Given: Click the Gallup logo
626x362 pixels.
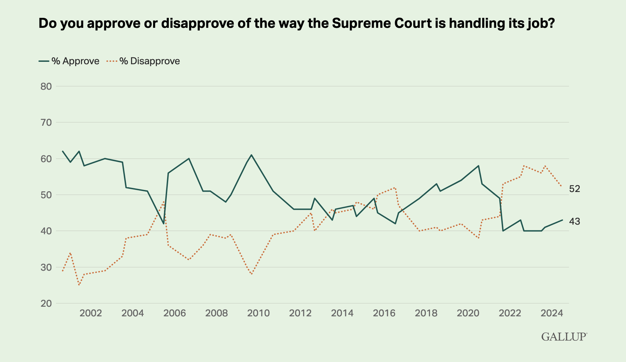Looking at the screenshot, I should (x=564, y=336).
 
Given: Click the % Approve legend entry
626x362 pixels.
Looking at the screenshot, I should (x=69, y=61).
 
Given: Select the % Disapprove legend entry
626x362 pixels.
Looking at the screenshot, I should (x=143, y=61).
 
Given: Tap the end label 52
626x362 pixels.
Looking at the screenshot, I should (x=575, y=189).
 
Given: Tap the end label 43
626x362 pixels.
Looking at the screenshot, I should (x=575, y=222).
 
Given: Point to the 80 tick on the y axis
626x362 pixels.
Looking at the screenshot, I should (x=46, y=86).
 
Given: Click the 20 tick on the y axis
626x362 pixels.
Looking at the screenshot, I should (x=46, y=303).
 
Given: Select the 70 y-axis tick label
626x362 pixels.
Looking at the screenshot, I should (x=46, y=122).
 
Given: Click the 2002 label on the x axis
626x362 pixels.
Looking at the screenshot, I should (x=91, y=313).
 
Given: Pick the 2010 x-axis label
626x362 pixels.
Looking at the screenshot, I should (x=258, y=313).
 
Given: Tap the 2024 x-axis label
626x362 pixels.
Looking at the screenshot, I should (x=552, y=313).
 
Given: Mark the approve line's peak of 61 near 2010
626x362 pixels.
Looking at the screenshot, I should (x=252, y=155).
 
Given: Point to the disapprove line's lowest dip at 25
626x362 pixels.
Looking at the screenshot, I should (x=79, y=285).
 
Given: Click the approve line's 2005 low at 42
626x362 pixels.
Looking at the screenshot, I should (x=164, y=224).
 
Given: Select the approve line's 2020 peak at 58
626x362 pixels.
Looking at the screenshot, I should (x=478, y=166).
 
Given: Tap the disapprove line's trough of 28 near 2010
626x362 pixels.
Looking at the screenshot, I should (x=252, y=274).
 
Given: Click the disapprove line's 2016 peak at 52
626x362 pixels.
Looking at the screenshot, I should (x=395, y=188).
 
